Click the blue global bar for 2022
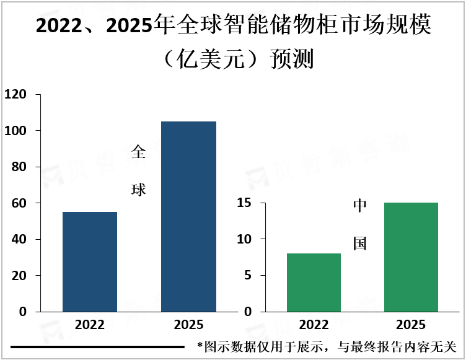coord(90,261)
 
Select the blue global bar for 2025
coord(188,216)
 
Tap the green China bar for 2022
coord(314,282)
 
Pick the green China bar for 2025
coord(411,257)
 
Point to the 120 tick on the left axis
coord(15,95)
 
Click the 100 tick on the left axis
coord(15,131)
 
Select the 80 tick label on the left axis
coord(19,167)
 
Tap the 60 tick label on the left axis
coord(19,203)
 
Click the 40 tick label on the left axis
coord(19,239)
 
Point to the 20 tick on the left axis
coord(19,275)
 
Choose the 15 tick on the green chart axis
coord(242,203)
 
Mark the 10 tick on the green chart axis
coord(242,239)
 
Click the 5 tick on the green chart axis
coord(247,275)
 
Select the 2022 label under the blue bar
coord(90,325)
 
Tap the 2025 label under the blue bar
coord(188,325)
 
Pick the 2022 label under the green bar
coord(314,325)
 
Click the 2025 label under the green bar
coord(411,325)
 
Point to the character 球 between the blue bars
coord(138,190)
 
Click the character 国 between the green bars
coord(360,243)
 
